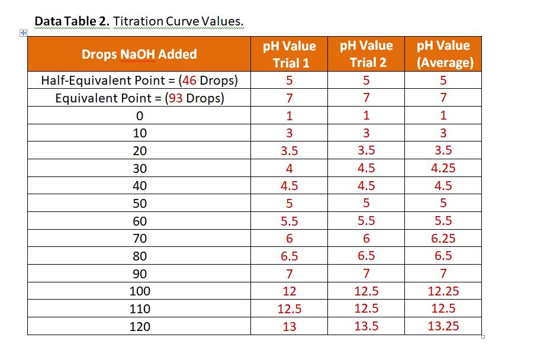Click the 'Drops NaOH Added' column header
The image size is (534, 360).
[139, 54]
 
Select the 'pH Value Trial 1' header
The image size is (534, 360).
[289, 54]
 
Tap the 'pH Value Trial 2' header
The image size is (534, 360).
[366, 54]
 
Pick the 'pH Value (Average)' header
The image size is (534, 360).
[443, 54]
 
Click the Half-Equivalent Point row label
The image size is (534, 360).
[139, 81]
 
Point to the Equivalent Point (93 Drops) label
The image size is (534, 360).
[139, 98]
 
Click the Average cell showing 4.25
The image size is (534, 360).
[443, 168]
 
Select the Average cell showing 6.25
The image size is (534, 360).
[443, 239]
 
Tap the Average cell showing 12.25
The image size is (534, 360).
[443, 291]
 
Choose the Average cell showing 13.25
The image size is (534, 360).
[443, 326]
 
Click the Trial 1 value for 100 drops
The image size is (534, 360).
[289, 291]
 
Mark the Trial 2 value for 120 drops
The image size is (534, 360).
[366, 326]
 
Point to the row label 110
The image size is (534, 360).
[140, 309]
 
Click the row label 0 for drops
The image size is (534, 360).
[140, 115]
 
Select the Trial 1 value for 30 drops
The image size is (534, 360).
[289, 168]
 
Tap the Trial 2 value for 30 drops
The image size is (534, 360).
[366, 168]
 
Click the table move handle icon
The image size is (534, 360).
[22, 33]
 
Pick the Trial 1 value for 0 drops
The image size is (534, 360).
[289, 115]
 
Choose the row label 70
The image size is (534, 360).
[140, 239]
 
